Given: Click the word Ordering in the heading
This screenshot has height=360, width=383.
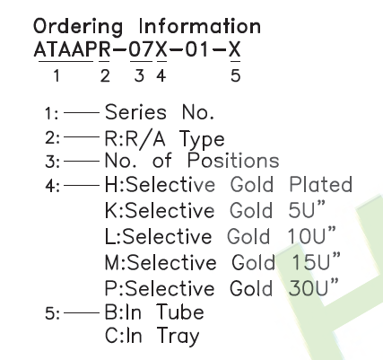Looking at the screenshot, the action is point(78,27).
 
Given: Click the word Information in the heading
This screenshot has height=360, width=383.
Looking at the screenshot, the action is point(200,26).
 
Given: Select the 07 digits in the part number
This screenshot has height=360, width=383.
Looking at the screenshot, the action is point(141,49).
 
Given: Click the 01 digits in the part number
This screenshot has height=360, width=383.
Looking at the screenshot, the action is point(196,49).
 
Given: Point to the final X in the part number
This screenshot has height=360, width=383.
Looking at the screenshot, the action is point(235,49).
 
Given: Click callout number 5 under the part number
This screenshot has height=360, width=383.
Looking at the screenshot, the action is point(235,75).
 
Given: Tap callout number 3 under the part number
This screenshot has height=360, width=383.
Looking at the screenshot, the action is point(139,75).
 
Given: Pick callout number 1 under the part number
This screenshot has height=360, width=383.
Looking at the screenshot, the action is point(57,75).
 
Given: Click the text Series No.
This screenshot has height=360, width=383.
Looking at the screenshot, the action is point(160,112).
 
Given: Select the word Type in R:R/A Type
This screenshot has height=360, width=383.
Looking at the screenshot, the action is point(202,140).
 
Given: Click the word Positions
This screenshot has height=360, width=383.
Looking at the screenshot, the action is point(233,161).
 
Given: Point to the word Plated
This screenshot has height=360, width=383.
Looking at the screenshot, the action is point(321,184).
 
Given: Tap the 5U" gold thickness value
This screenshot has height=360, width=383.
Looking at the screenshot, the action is point(306,209).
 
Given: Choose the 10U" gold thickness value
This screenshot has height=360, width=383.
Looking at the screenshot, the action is point(311,235).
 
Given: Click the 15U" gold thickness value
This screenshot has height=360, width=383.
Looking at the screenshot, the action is point(316,261).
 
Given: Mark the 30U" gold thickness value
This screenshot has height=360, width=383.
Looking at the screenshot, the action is point(314,287).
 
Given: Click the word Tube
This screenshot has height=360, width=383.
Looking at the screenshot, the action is point(180,312).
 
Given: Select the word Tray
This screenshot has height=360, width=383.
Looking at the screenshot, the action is point(178,336).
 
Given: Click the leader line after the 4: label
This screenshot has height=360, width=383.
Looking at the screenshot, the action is point(82,186).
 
